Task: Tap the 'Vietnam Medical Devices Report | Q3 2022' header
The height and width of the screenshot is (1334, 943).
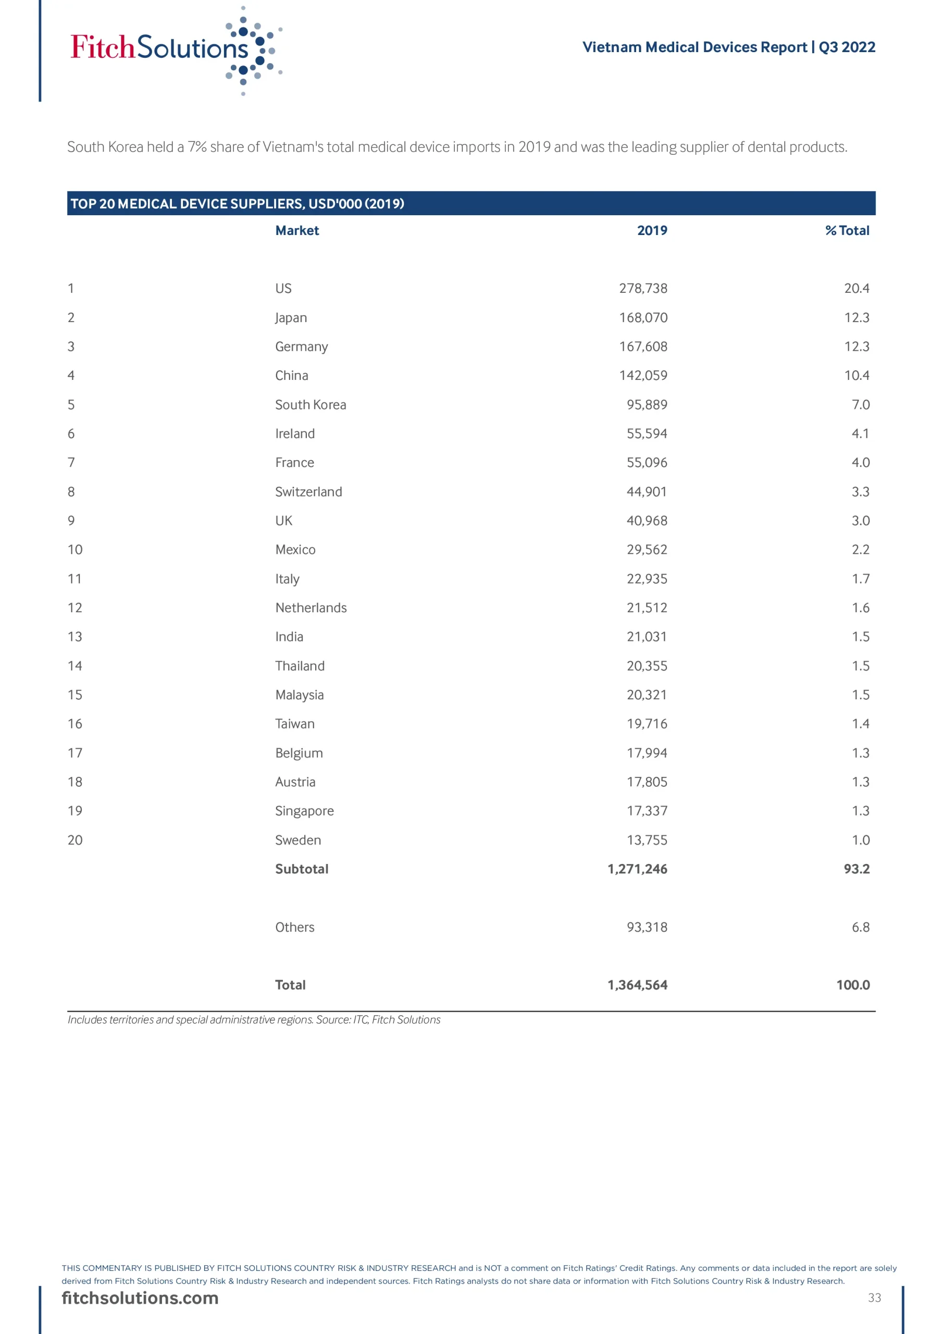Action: (728, 47)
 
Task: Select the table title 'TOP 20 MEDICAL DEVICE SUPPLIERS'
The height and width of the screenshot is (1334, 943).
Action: (237, 204)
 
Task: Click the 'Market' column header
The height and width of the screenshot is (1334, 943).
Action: (297, 231)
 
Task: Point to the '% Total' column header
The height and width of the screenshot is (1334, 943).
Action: (847, 231)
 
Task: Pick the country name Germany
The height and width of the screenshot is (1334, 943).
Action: (301, 347)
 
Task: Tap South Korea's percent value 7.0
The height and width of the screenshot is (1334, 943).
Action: (860, 405)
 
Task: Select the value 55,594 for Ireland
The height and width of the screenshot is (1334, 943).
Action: (646, 434)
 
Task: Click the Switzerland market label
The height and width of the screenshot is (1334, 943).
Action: (308, 492)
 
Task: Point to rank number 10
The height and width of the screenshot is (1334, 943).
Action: (75, 550)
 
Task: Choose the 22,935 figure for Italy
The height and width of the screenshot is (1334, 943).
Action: (646, 579)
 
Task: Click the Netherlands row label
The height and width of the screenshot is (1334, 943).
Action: (311, 608)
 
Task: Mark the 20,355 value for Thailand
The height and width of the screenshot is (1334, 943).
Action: (646, 666)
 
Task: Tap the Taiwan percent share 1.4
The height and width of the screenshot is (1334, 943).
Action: (860, 724)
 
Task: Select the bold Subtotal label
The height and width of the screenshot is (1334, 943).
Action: (302, 869)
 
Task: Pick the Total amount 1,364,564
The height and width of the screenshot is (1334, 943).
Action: (637, 985)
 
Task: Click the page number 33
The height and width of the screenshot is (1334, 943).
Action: (874, 1298)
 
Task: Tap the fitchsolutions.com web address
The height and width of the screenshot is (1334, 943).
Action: (140, 1298)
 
